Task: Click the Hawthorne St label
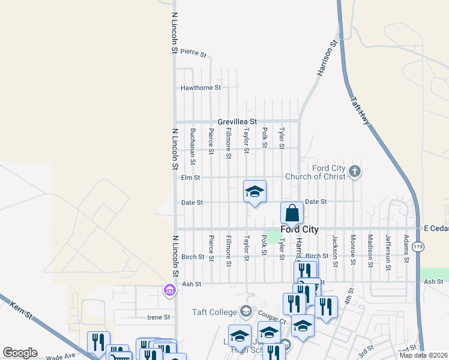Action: pos(200,88)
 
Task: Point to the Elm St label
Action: pos(190,178)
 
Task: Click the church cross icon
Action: pos(355,172)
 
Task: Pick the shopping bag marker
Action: pos(292,214)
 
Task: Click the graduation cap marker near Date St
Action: pos(255,192)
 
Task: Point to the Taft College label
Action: pos(214,312)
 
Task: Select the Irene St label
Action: pos(160,317)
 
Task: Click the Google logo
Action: pos(20,353)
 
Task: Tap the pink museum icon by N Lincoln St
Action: pos(169,291)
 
